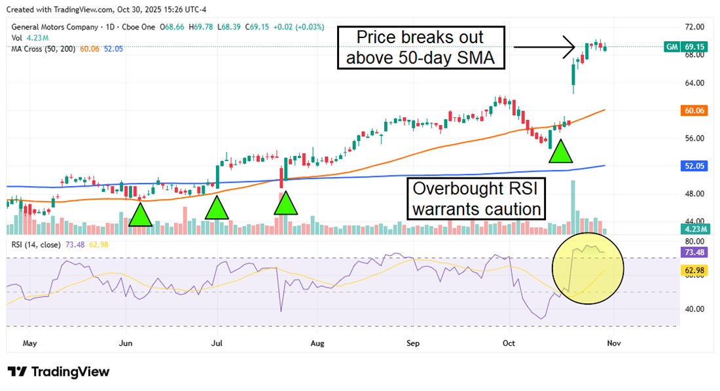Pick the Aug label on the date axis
tap(317, 343)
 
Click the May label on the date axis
tap(29, 343)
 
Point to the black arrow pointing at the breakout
tap(543, 47)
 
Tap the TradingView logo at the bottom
tap(59, 372)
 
